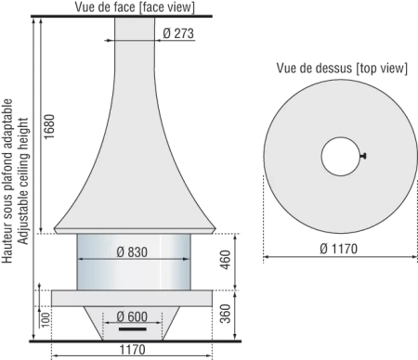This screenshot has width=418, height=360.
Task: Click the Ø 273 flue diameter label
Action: [x=178, y=33]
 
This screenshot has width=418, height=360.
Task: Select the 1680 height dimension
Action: [x=49, y=126]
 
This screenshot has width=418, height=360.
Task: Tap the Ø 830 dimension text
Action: [x=132, y=252]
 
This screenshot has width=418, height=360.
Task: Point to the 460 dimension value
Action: [x=226, y=260]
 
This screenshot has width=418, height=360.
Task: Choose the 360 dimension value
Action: [x=226, y=314]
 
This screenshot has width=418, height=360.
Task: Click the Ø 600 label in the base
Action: [x=132, y=316]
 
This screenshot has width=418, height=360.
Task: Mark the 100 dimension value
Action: [x=46, y=320]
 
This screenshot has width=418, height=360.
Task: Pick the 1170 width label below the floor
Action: [x=132, y=350]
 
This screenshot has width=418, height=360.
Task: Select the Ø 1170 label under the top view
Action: [x=338, y=249]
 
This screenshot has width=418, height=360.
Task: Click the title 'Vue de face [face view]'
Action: [x=135, y=7]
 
